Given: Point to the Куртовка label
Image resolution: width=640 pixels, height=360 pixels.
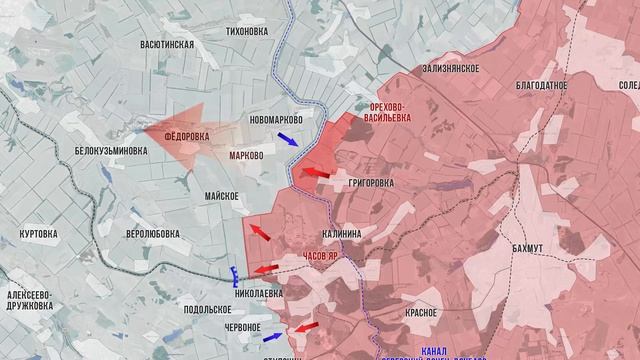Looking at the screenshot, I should (x=42, y=233).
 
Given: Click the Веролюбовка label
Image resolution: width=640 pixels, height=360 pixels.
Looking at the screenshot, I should (x=153, y=233).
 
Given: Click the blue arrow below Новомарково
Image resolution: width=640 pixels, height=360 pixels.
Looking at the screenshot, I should (x=287, y=140).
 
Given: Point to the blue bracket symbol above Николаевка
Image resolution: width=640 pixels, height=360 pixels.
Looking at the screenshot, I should (x=234, y=273).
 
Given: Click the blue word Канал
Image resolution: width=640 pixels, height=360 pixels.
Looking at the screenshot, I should (x=434, y=350).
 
